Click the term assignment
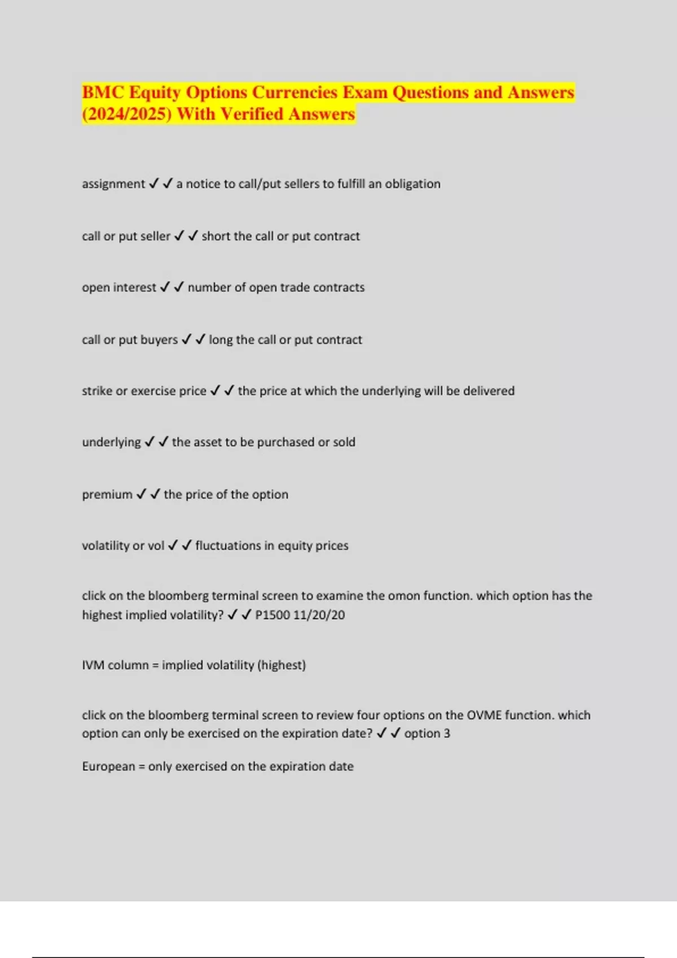click(x=113, y=184)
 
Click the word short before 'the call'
click(x=214, y=237)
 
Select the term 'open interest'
click(x=118, y=288)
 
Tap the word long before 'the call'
click(x=221, y=340)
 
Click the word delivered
click(x=489, y=391)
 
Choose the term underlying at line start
click(x=111, y=442)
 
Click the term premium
click(x=107, y=495)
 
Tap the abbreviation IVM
click(x=93, y=666)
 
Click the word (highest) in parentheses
click(x=282, y=666)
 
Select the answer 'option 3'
click(x=427, y=734)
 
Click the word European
click(x=108, y=767)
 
